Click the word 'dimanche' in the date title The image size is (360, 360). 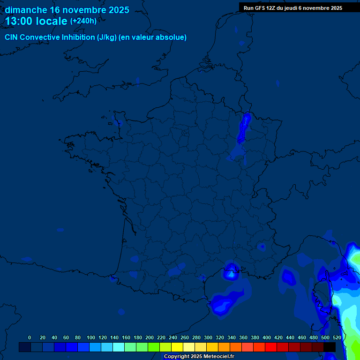point(26,10)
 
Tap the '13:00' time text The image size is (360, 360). point(19,21)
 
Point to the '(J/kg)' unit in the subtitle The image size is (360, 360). point(107,37)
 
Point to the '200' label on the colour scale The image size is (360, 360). point(150,337)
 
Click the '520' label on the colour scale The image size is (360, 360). point(337,337)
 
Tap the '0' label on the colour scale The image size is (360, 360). point(30,337)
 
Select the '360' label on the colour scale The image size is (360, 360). point(243,337)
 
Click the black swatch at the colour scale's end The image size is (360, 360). point(330,347)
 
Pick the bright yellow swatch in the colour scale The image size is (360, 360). point(177,347)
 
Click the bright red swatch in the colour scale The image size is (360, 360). point(271,347)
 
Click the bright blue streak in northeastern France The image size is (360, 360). point(243,127)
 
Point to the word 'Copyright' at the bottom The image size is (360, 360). point(177,357)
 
